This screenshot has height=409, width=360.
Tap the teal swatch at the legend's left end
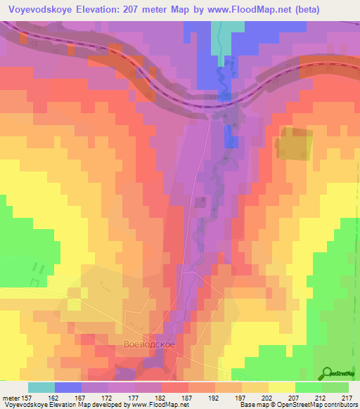(41, 387)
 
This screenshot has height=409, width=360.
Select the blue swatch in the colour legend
(68, 387)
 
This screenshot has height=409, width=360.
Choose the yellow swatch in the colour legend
(281, 387)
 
